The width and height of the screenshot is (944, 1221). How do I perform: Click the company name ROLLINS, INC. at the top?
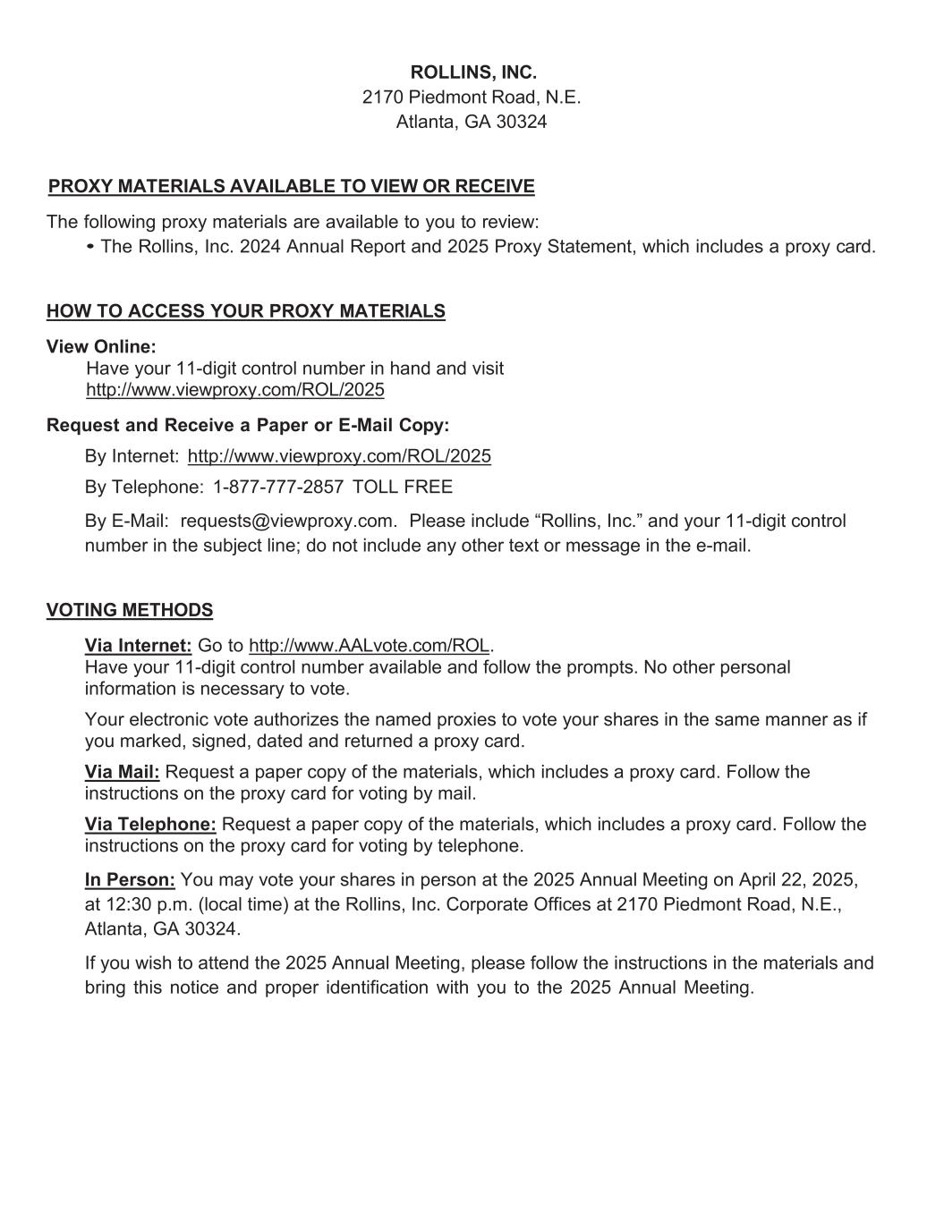tap(472, 72)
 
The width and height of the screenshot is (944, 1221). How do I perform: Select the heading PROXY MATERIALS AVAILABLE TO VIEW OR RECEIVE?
tap(291, 186)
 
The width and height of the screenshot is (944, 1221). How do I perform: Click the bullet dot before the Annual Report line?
tap(91, 246)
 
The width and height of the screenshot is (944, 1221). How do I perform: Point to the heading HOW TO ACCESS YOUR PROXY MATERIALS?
tap(245, 311)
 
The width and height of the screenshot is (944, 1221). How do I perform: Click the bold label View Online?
tap(101, 346)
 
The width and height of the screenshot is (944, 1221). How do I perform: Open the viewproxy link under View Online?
tap(234, 390)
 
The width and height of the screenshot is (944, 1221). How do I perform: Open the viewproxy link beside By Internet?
tap(339, 456)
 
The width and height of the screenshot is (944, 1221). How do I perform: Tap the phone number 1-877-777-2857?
tap(278, 487)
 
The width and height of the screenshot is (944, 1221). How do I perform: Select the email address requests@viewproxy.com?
tap(287, 521)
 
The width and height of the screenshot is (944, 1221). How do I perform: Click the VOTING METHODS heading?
tap(130, 610)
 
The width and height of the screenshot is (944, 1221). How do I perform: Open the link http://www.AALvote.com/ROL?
tap(369, 646)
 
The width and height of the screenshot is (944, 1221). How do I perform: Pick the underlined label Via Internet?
tap(138, 646)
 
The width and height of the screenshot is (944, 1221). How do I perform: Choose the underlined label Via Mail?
tap(122, 772)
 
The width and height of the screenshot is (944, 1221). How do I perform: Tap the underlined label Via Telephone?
tap(150, 824)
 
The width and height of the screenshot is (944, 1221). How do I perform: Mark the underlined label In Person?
tap(130, 880)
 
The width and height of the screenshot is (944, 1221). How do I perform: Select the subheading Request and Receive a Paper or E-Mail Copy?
tap(248, 425)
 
